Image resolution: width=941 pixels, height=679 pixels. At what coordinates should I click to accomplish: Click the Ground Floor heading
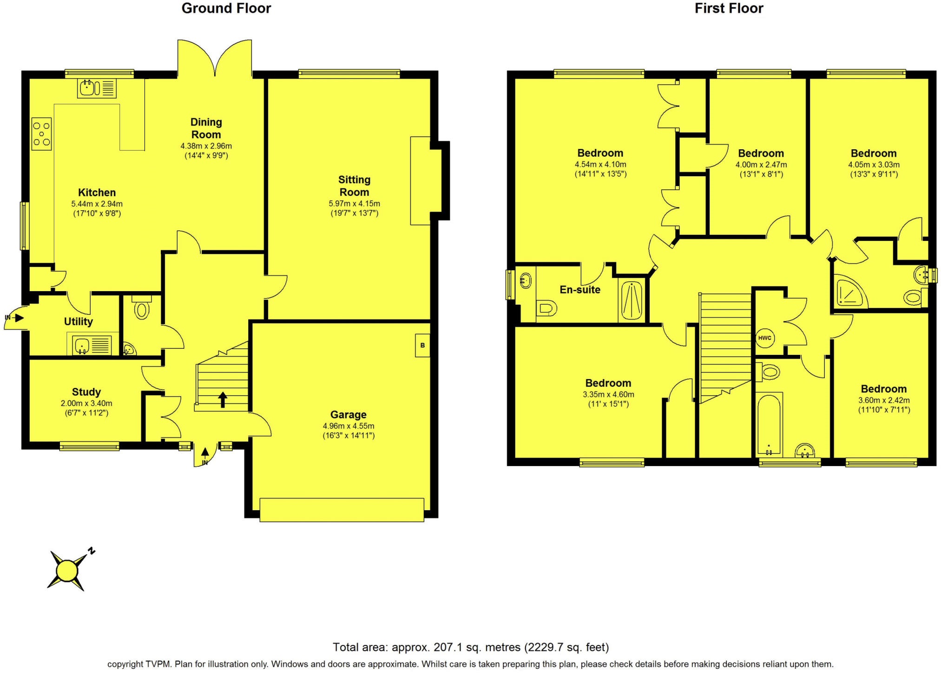(226, 8)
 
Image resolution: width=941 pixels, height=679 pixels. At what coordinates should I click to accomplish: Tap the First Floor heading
(729, 8)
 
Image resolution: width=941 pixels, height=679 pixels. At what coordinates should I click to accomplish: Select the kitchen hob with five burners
(41, 134)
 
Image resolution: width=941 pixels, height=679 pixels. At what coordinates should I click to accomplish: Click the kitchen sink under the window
(97, 88)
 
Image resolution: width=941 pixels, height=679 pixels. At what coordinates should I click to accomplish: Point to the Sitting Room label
(354, 186)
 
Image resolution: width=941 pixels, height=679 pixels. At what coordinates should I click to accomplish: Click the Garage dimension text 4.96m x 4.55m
(349, 426)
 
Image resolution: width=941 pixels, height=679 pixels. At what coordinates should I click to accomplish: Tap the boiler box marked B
(422, 346)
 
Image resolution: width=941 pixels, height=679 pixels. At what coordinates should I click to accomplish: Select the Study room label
(86, 392)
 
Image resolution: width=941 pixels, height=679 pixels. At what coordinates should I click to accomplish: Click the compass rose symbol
(68, 570)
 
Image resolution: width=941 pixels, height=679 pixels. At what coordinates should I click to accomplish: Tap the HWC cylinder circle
(765, 338)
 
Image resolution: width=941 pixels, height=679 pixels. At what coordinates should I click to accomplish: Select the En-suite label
(580, 290)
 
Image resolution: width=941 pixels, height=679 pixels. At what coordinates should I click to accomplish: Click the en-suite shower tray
(632, 300)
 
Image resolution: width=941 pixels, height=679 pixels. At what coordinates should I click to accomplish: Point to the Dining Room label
(206, 128)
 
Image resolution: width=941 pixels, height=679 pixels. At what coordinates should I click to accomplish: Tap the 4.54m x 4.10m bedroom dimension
(600, 165)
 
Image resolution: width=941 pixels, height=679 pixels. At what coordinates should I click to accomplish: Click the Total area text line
(471, 647)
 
